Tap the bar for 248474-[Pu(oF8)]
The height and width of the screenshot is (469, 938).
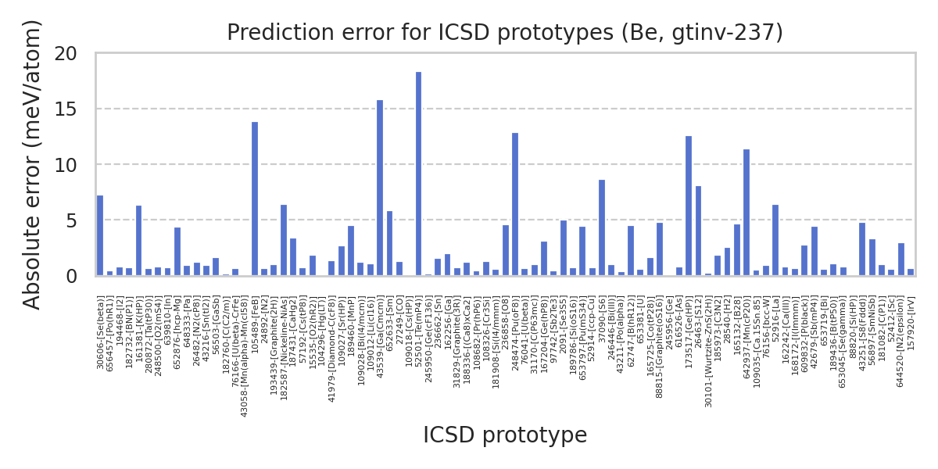pos(515,204)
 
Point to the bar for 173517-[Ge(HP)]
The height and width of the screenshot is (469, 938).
pos(689,206)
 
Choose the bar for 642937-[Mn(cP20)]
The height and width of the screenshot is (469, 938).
pos(746,213)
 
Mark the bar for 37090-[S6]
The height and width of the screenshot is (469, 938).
pos(602,227)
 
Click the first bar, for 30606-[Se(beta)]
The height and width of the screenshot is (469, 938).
pos(100,235)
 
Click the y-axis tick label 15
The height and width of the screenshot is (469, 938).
pos(68,109)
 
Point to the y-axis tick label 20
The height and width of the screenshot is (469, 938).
pos(68,54)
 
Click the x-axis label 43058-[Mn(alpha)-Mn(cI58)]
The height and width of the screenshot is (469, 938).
pos(245,356)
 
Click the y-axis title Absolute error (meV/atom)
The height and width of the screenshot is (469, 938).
pos(32,164)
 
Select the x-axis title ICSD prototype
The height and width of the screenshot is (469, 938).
pos(505,435)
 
